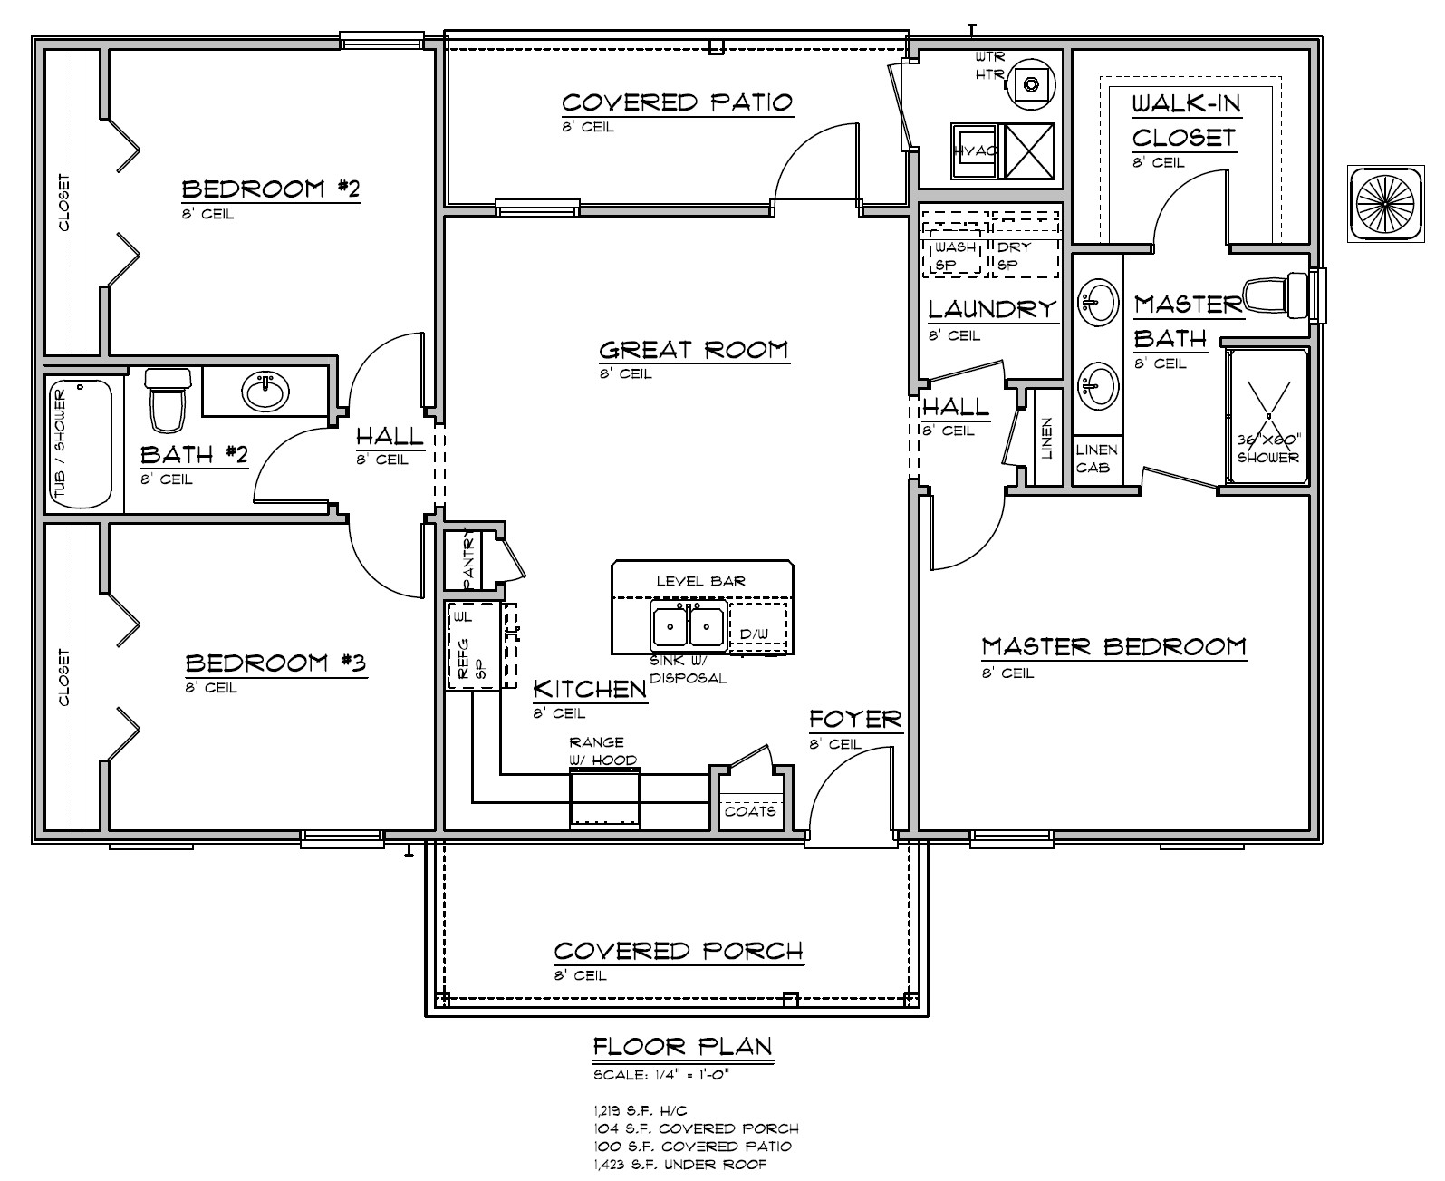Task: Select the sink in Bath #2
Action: [x=265, y=392]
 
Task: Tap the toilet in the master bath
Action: [x=1276, y=295]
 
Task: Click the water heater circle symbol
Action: [x=1031, y=83]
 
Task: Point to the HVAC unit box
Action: [x=974, y=151]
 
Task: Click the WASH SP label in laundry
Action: [x=954, y=256]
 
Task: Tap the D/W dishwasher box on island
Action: [x=756, y=633]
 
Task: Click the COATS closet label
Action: [x=750, y=810]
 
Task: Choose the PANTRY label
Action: [x=468, y=556]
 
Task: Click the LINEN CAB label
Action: [x=1097, y=458]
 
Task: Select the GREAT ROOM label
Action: [x=694, y=350]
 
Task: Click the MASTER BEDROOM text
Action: [x=1113, y=647]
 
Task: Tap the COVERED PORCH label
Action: [x=679, y=952]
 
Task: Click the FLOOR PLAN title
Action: [x=682, y=1047]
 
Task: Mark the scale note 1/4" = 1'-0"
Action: [x=661, y=1076]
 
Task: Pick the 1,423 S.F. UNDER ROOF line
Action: [x=679, y=1164]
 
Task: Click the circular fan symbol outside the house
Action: [x=1382, y=203]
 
